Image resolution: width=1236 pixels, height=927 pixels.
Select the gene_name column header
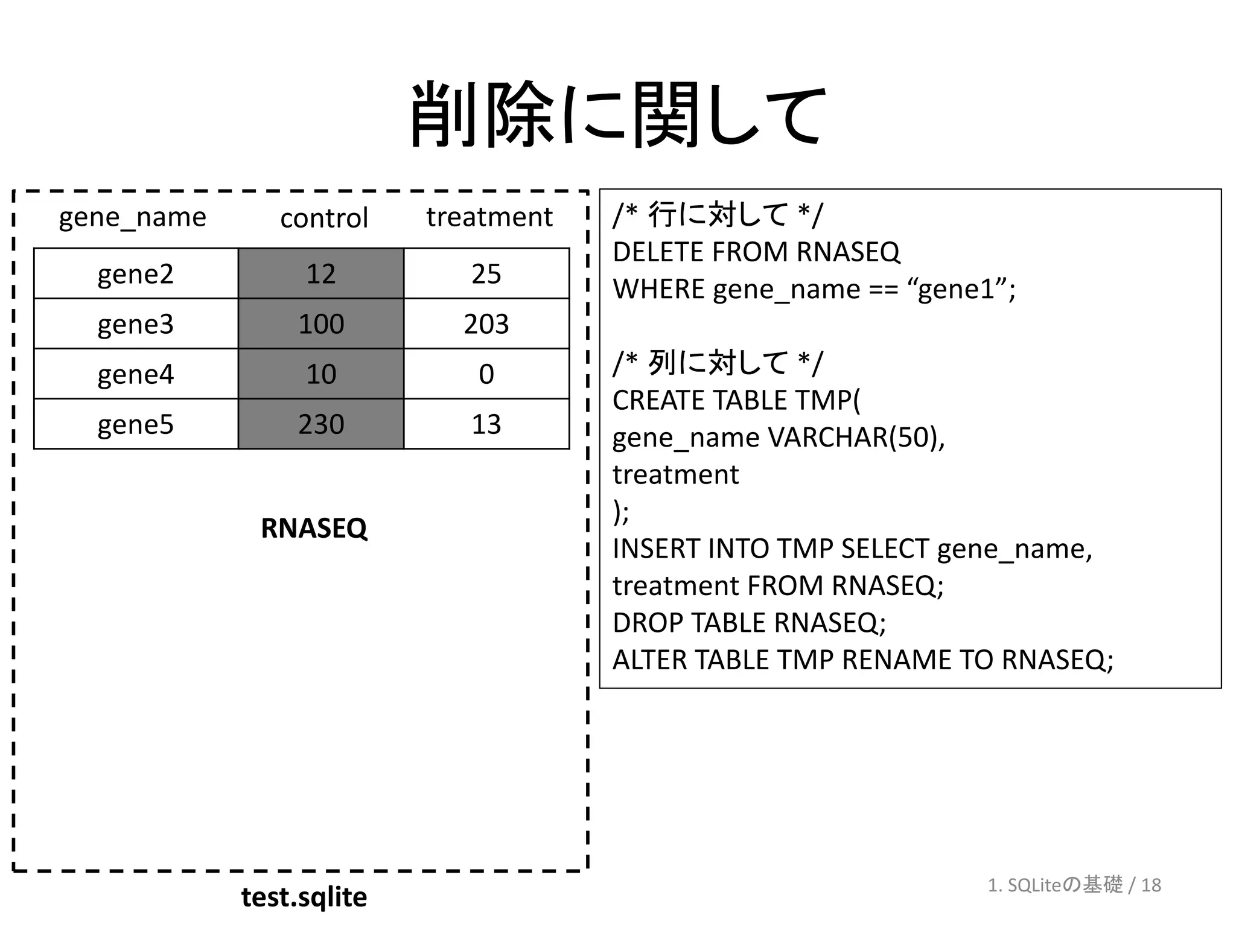[x=132, y=217]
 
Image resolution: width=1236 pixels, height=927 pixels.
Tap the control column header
[x=323, y=218]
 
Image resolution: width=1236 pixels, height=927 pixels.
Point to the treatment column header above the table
[x=489, y=217]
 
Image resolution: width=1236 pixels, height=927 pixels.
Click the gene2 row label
[x=135, y=274]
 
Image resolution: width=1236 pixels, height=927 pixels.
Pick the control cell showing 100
[x=321, y=324]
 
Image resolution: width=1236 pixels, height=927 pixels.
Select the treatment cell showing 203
[x=486, y=324]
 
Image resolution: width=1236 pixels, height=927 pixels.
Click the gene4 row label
[x=135, y=374]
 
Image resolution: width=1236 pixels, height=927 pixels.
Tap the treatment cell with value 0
[x=486, y=374]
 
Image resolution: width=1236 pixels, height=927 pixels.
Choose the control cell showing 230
[x=321, y=424]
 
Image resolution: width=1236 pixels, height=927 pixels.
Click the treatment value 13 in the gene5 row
[x=486, y=424]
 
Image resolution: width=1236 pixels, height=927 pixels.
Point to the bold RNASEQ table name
[x=314, y=528]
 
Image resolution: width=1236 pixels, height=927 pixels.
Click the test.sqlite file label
[x=304, y=897]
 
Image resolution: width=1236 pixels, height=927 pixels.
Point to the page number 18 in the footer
[x=1151, y=885]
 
